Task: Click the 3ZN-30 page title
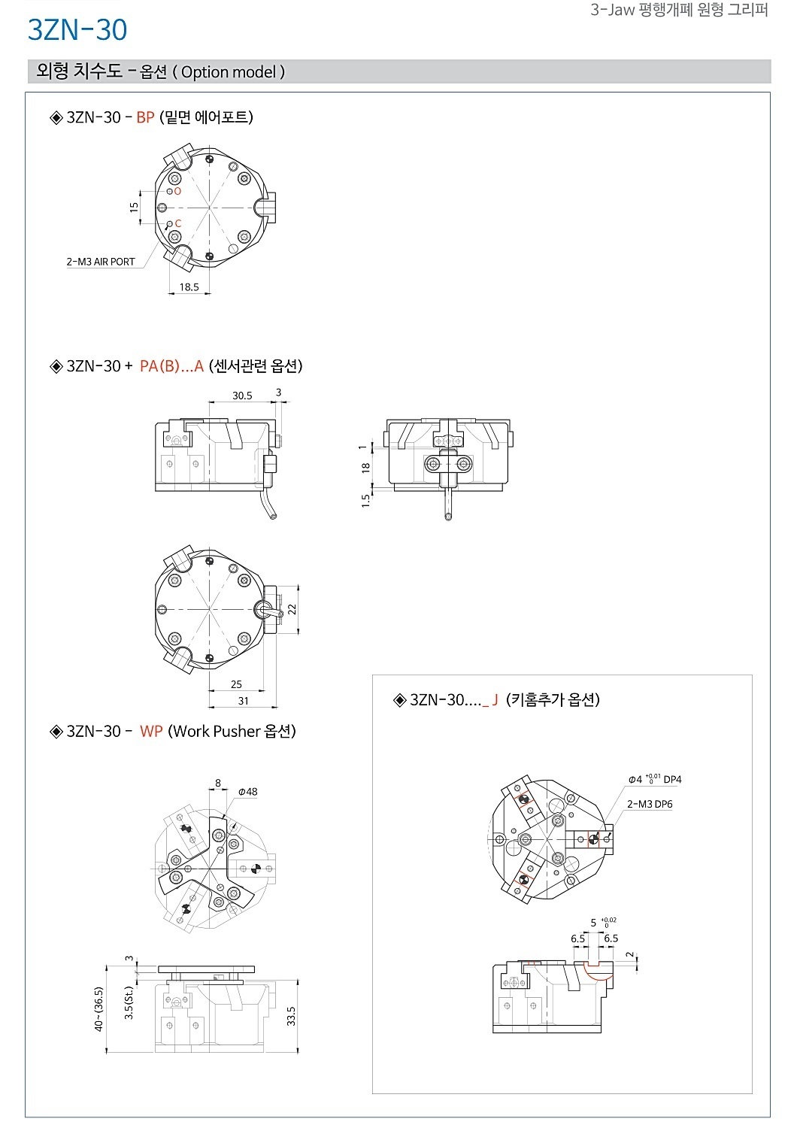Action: tap(77, 29)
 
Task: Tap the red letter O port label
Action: tap(177, 191)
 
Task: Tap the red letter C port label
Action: tap(178, 223)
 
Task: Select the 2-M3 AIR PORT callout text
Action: tap(101, 262)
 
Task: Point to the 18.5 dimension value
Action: tap(189, 287)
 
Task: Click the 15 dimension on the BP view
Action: tap(134, 207)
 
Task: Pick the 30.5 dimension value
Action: tap(242, 396)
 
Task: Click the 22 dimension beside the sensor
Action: tap(292, 609)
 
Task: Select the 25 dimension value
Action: tap(236, 684)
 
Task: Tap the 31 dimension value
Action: tap(244, 701)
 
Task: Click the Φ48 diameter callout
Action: tap(248, 792)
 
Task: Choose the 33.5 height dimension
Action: tap(291, 1016)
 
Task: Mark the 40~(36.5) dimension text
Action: tap(98, 1009)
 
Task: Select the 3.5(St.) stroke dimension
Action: tap(129, 1002)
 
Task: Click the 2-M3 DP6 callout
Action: tap(650, 804)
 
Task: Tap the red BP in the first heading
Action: tap(145, 117)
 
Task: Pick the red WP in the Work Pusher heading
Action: tap(151, 732)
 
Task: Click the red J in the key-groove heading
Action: tap(495, 700)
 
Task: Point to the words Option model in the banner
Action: tap(229, 72)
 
